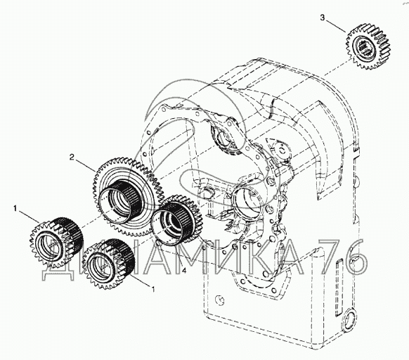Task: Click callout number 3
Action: click(x=323, y=18)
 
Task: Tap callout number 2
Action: click(x=72, y=157)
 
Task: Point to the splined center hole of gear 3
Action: click(x=365, y=48)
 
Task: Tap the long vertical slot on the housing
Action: click(x=339, y=287)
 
